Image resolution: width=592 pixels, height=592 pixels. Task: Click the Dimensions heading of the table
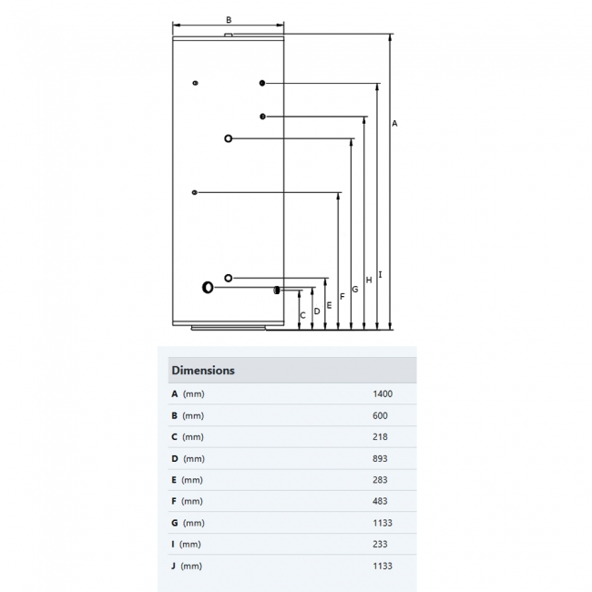click(x=203, y=371)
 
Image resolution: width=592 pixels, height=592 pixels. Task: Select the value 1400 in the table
click(x=382, y=394)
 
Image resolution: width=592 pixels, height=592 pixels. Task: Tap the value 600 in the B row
click(x=379, y=415)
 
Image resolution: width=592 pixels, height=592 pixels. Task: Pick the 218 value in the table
click(x=379, y=437)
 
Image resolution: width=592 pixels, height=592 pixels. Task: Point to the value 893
click(x=379, y=458)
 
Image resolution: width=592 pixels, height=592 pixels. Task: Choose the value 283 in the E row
click(x=379, y=480)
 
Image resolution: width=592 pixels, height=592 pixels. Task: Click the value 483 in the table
click(x=379, y=501)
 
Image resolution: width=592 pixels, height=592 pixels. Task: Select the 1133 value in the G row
click(x=382, y=523)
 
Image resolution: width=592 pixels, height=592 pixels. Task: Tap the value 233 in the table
click(x=379, y=544)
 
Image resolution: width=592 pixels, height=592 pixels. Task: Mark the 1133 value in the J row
click(x=382, y=566)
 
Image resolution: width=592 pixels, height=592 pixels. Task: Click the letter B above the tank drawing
click(x=229, y=19)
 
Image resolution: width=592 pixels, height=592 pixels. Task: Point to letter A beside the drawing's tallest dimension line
click(x=394, y=123)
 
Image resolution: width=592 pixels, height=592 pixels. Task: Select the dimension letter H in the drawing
click(x=368, y=280)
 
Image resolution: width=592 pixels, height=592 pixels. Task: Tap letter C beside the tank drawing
click(x=303, y=315)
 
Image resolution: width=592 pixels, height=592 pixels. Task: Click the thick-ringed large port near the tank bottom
click(x=209, y=288)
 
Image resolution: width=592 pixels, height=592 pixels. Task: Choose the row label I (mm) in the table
click(x=186, y=544)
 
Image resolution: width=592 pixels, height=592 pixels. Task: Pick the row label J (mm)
click(x=187, y=566)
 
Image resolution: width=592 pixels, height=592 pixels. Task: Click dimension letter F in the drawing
click(x=342, y=297)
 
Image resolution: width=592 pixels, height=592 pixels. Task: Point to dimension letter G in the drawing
click(x=354, y=289)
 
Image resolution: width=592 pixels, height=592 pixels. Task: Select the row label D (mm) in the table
click(x=188, y=458)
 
